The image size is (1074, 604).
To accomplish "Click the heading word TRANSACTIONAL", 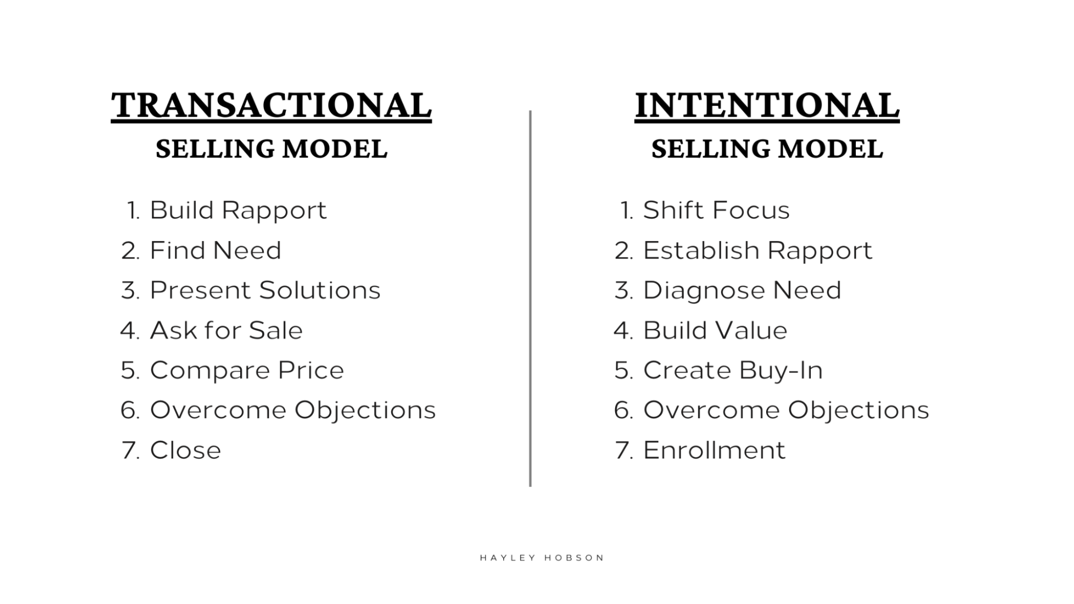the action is pos(271,105).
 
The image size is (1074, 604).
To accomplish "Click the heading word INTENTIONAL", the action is pos(767,105).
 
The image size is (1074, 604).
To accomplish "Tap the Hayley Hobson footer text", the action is pos(542,558).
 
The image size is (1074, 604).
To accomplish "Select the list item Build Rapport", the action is pos(238,210).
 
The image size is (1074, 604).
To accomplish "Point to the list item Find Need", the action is pos(215,250).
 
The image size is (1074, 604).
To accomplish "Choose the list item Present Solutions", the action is pos(265,290).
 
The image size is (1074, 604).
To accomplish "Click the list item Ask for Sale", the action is pos(226,330).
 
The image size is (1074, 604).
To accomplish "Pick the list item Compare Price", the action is pos(247,370).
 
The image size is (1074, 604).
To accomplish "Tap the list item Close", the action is pos(185,450).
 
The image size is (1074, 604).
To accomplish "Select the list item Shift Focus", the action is pos(716,210).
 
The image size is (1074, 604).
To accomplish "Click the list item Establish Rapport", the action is pos(758,250).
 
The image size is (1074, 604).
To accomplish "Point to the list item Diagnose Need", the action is pos(742,290).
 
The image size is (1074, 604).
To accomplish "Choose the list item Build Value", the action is pos(715,330).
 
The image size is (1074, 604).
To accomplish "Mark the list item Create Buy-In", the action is pos(733,370).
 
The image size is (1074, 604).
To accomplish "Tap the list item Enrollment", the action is pos(714,450).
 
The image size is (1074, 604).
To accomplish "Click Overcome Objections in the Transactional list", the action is pos(293,410).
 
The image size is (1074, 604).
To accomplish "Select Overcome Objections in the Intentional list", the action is pos(786,410).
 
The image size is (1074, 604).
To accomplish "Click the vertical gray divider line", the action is pos(530,299).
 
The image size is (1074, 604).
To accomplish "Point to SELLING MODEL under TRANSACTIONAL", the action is pos(271,149).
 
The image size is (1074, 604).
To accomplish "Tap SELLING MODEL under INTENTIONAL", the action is pos(767,149).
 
